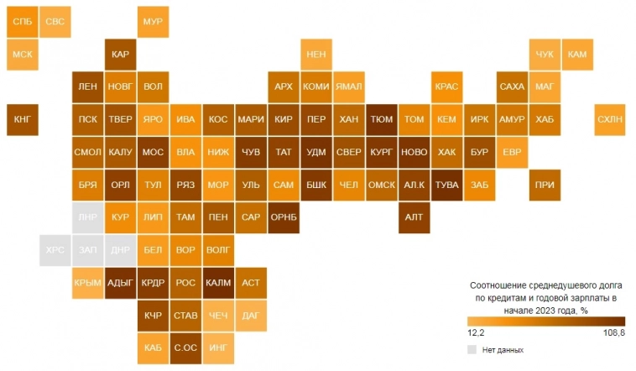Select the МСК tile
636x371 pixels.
pos(23,55)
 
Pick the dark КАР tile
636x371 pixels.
pos(120,55)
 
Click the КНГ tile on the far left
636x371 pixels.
pos(23,119)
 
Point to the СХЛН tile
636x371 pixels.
pos(610,119)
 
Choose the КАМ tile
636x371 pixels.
pos(577,55)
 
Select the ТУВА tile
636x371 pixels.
pos(446,185)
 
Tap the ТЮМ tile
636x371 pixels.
pos(381,119)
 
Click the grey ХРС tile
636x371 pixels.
pos(55,249)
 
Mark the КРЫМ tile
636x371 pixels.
pos(87,282)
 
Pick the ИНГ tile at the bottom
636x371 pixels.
pos(218,347)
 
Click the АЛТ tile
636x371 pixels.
pos(414,217)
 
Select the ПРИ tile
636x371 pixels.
pos(545,185)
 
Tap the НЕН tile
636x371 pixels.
pos(316,55)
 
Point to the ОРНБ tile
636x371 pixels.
pos(284,217)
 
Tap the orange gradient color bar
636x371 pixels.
pos(546,320)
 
